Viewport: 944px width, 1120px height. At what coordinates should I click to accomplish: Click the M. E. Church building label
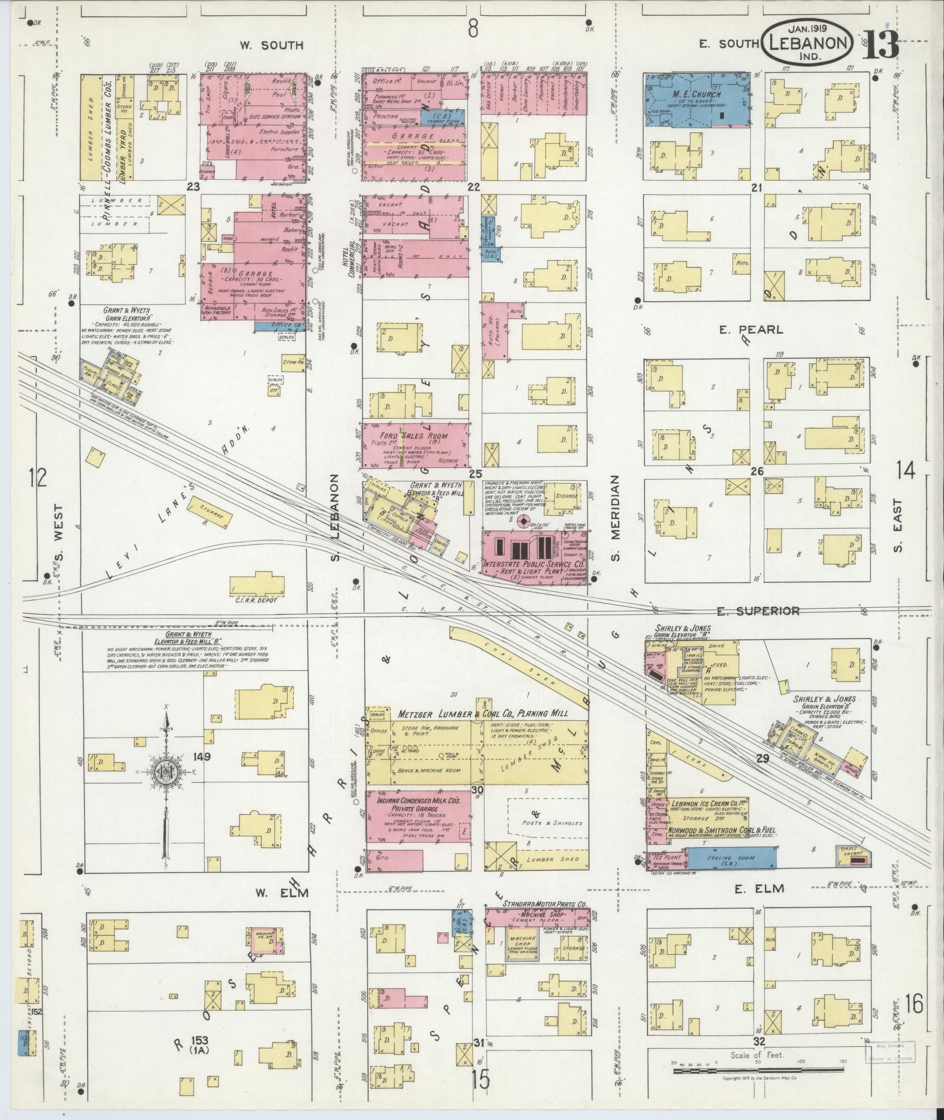click(x=696, y=94)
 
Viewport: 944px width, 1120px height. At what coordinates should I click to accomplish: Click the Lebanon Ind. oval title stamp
click(x=807, y=43)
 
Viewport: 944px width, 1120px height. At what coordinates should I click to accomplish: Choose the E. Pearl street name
click(x=751, y=330)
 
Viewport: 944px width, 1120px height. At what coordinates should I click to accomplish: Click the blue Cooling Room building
click(x=731, y=858)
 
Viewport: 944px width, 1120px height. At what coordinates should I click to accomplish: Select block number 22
click(x=473, y=187)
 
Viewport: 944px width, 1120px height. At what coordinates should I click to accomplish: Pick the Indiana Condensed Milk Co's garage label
click(x=417, y=804)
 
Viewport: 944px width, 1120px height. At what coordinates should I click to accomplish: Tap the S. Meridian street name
click(x=616, y=525)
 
